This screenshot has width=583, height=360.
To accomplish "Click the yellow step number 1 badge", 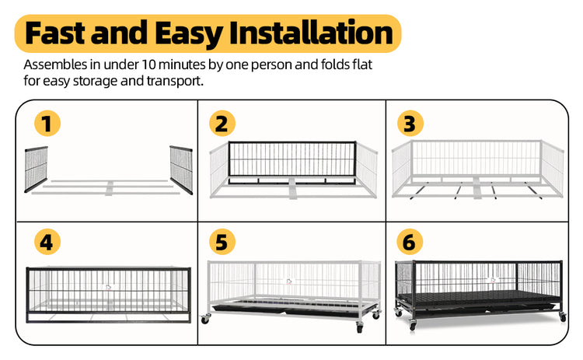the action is [47, 124].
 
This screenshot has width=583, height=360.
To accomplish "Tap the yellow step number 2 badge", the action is [222, 124].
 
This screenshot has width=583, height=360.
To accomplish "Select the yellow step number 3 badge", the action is [410, 124].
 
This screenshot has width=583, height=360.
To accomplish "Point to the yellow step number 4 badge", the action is [47, 242].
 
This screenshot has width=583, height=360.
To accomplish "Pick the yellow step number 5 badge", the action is [222, 242].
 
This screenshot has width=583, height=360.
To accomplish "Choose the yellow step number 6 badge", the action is [410, 242].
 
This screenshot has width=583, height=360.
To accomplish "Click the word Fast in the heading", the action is [55, 33].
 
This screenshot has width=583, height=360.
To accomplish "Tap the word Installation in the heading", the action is [311, 33].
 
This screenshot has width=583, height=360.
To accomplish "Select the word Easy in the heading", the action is [189, 34].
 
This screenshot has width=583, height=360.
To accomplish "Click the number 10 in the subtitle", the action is [148, 65].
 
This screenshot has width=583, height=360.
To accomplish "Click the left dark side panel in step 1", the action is [36, 170].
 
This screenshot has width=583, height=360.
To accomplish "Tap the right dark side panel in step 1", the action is [181, 170].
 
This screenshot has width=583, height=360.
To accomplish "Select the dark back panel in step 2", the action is [292, 163].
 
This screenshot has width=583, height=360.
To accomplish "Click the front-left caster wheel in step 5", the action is [205, 319].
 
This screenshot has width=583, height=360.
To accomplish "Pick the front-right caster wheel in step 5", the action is [360, 327].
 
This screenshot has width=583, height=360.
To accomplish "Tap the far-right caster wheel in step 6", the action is [563, 317].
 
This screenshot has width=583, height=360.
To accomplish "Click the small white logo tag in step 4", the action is [108, 287].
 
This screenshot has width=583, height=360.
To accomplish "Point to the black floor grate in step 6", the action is [480, 296].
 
